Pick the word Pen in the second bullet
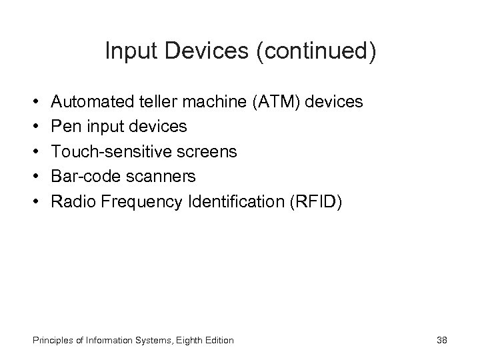point(65,127)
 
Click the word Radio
point(71,201)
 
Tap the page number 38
point(441,341)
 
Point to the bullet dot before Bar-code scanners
point(33,176)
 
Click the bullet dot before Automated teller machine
point(33,102)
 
